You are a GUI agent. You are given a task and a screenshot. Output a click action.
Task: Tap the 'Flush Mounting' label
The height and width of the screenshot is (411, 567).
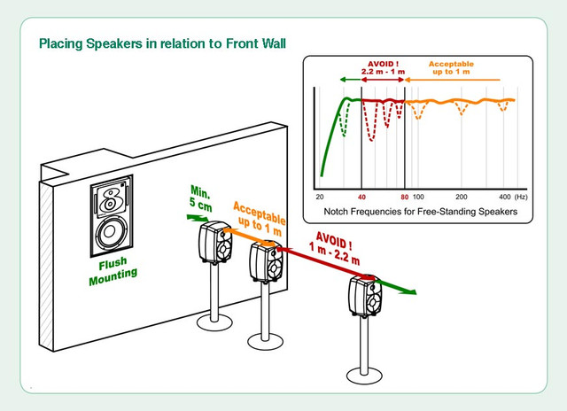[113, 267]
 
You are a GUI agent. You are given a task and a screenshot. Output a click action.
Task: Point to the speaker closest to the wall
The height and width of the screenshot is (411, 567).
[216, 244]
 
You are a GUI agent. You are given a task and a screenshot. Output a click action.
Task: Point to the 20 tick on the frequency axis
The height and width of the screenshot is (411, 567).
[320, 196]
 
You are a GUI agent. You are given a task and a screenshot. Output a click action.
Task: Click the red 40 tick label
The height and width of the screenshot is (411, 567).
[361, 196]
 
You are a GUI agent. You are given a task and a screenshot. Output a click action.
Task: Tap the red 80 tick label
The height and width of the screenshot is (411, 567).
[404, 196]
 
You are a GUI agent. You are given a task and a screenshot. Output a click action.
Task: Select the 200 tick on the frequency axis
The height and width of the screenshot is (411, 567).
[462, 196]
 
